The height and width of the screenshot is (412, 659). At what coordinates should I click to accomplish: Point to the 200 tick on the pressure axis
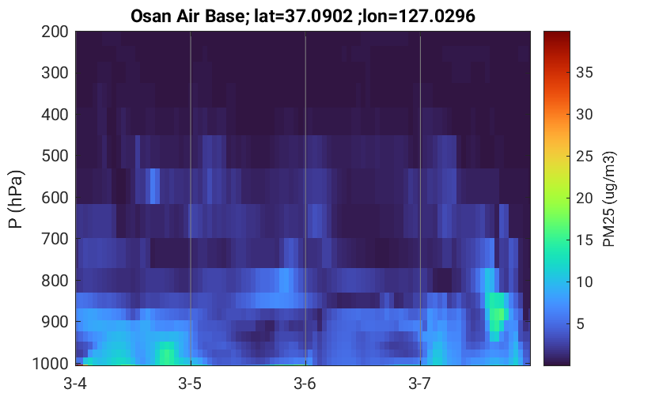pos(55,32)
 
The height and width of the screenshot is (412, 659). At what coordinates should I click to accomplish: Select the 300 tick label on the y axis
pos(55,73)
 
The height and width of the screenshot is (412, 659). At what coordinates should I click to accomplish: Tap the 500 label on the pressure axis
pos(55,156)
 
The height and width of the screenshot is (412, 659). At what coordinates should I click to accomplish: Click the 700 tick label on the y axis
pos(55,239)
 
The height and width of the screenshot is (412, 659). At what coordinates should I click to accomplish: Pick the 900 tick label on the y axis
pos(55,322)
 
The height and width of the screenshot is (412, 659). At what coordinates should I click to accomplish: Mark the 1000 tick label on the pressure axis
pos(51,363)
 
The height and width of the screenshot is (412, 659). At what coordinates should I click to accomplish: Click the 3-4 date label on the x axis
pos(75,384)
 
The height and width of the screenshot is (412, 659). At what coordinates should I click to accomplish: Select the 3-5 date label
pos(190,384)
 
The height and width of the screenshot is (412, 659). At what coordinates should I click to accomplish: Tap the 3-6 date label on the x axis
pos(305,384)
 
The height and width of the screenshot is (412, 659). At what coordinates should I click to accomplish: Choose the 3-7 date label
pos(420,384)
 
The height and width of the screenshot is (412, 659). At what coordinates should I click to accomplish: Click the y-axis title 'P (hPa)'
pos(16,199)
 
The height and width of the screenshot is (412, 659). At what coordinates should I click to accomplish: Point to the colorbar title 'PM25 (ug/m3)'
pos(609,199)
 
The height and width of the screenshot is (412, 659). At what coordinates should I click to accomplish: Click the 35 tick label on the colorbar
pos(584,73)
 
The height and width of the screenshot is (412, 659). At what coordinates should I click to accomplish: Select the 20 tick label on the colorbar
pos(584,198)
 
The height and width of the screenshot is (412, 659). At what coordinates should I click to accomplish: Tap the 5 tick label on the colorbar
pos(581,323)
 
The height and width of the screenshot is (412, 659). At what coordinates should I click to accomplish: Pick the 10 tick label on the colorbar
pos(584,282)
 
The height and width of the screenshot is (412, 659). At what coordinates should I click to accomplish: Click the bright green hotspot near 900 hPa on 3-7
pos(497,314)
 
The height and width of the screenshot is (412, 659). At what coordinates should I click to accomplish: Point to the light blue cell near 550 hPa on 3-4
pos(155,186)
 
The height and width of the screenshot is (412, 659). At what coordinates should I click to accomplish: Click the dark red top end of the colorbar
pos(557,33)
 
